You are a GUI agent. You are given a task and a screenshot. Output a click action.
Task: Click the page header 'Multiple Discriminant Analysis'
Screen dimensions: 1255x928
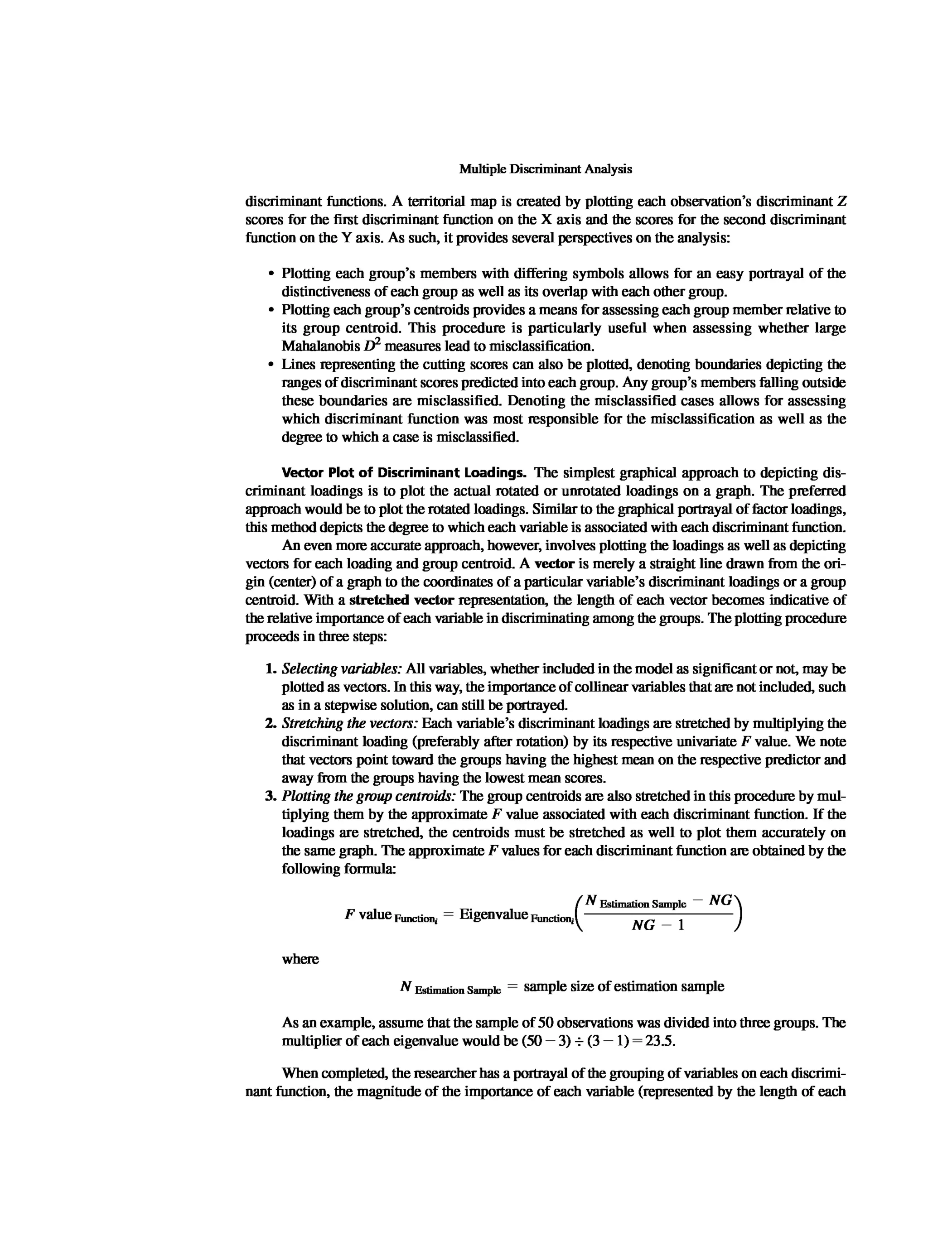(545, 169)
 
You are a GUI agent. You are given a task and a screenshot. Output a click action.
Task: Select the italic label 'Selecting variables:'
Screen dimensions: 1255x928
(342, 669)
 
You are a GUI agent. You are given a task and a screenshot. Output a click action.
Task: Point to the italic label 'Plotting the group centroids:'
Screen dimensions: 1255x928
(368, 796)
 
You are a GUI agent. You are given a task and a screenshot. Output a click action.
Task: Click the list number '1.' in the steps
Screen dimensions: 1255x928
(271, 669)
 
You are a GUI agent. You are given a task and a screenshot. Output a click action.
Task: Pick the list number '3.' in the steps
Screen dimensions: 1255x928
(271, 796)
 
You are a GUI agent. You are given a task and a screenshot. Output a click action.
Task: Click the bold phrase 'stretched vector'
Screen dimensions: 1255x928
(401, 600)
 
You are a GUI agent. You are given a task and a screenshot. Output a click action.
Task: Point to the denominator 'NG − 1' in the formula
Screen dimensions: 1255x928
(658, 925)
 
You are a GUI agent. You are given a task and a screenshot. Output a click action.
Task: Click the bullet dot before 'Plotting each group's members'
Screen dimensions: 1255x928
(271, 274)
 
